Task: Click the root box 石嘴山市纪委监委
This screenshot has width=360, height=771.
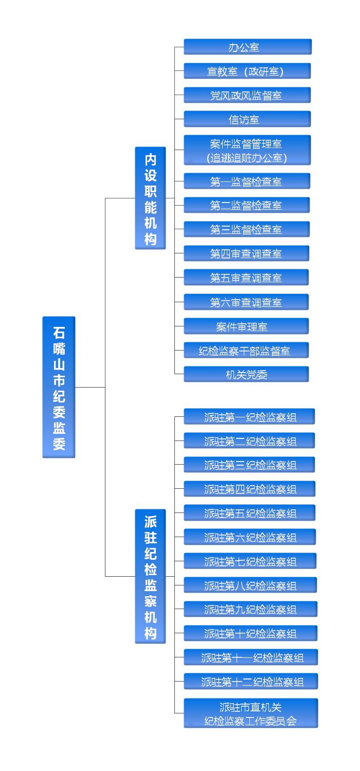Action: tap(59, 387)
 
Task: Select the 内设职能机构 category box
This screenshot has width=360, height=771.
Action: tap(150, 198)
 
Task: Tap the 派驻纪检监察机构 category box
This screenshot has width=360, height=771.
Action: tap(150, 576)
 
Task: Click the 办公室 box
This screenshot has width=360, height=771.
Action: tap(248, 47)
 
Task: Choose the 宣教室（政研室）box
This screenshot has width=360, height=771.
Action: tap(247, 71)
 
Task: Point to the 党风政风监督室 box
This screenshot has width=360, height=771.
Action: tap(247, 95)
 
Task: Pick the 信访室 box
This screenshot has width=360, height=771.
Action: tap(247, 119)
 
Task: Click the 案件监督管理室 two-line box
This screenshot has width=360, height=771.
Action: tap(247, 150)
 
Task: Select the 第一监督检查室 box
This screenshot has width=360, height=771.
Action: tap(247, 181)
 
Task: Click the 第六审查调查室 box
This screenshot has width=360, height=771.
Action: tap(246, 302)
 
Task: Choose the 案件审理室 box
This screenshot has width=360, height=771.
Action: tap(246, 326)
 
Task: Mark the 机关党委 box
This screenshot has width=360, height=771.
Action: tap(246, 374)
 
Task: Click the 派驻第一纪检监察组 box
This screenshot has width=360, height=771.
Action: tap(249, 417)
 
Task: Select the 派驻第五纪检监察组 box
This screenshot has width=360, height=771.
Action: tap(250, 513)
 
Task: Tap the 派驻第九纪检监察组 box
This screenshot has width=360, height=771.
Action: tap(250, 609)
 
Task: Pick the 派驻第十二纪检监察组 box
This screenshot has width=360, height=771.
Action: tap(251, 681)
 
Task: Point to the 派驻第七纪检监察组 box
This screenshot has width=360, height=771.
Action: tap(250, 561)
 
